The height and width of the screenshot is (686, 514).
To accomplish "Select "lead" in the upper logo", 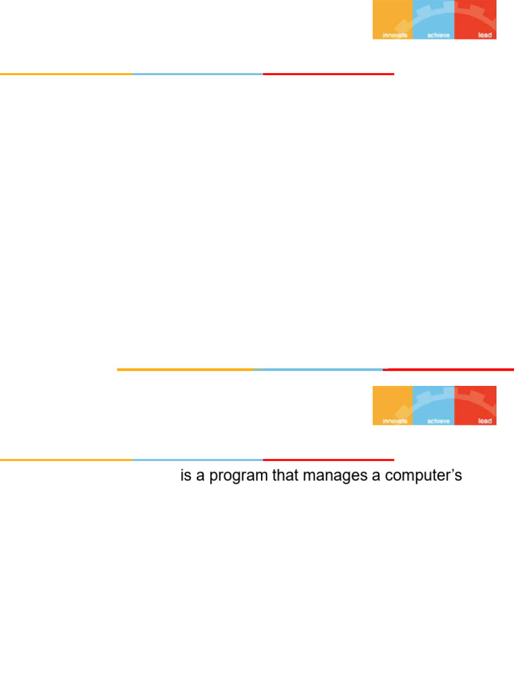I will (485, 35).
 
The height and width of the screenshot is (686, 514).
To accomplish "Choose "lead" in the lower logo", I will (485, 421).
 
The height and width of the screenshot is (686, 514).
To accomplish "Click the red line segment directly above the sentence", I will (329, 460).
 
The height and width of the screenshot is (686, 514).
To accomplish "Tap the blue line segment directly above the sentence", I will (198, 460).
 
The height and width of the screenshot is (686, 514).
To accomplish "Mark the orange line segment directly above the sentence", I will (66, 460).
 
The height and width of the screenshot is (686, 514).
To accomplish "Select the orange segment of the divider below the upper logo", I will (66, 74).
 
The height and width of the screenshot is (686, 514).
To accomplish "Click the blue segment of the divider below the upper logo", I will (198, 74).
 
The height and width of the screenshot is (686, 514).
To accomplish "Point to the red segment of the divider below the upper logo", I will (329, 74).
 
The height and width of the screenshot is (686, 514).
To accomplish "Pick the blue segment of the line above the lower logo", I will (319, 369).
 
